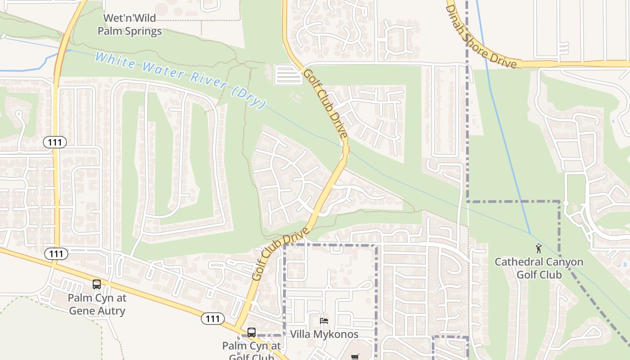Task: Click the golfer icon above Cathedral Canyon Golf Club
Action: coord(539,248)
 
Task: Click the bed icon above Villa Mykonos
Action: coord(324,321)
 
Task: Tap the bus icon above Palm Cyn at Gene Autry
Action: coord(97,284)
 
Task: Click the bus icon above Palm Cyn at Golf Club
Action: coord(252,333)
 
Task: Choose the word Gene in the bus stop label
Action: coord(81,310)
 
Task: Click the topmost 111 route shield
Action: coord(55,143)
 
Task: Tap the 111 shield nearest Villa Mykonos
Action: coord(212,319)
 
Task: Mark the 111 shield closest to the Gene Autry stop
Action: coord(56,254)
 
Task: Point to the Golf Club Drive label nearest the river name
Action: coord(325,103)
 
